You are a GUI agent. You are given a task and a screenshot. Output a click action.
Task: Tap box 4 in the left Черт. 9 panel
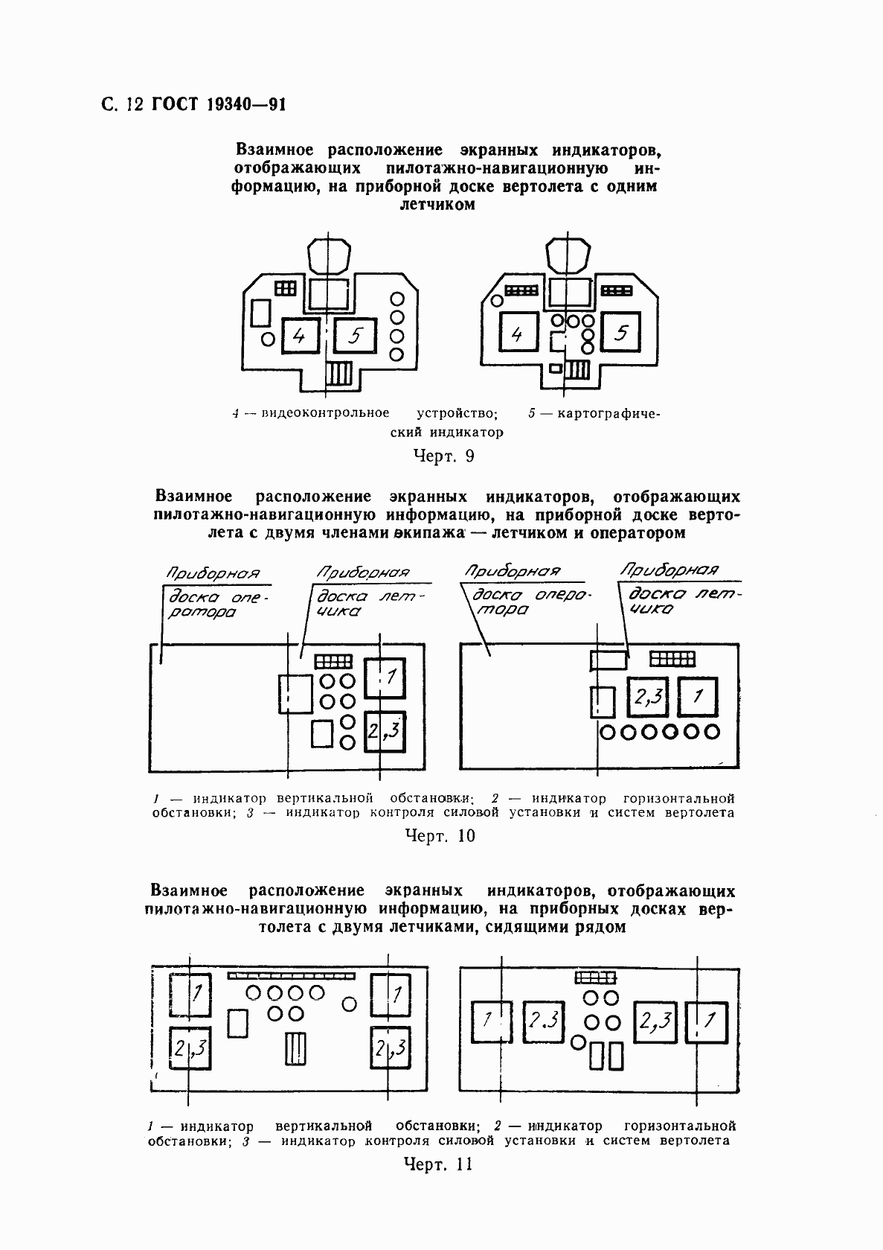(299, 336)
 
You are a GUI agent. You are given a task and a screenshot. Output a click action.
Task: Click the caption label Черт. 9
(443, 456)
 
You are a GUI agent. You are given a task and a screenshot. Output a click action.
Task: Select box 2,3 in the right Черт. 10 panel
(649, 698)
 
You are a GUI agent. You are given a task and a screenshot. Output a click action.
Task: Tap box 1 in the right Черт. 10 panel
(699, 698)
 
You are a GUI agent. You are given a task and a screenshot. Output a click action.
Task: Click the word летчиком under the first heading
(437, 205)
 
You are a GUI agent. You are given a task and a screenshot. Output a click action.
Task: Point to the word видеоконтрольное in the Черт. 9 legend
(325, 412)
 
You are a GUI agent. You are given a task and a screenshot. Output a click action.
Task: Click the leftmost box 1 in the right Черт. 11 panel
(492, 1019)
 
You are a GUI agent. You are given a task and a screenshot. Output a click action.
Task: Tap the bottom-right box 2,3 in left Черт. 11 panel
(391, 1047)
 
